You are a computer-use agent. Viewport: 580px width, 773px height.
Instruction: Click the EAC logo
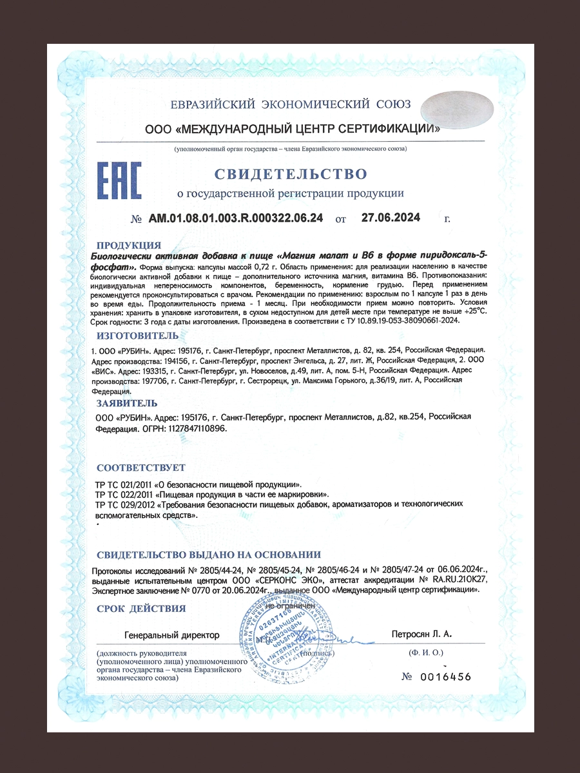pyautogui.click(x=119, y=180)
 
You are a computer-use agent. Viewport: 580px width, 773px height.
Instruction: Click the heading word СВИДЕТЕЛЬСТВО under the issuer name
pyautogui.click(x=290, y=174)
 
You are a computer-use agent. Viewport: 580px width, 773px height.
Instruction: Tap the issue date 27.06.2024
pyautogui.click(x=391, y=218)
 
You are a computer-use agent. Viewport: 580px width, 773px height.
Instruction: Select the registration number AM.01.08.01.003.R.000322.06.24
pyautogui.click(x=236, y=218)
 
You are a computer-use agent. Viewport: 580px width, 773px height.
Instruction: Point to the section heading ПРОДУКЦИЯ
pyautogui.click(x=128, y=245)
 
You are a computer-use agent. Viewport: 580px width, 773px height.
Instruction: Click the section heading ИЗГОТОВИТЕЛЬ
pyautogui.click(x=136, y=336)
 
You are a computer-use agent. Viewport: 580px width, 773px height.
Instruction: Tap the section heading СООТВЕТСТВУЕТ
pyautogui.click(x=140, y=467)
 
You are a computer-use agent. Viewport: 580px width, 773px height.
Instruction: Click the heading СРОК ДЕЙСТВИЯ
pyautogui.click(x=140, y=608)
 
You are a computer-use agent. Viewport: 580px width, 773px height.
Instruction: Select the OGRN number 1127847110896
pyautogui.click(x=196, y=428)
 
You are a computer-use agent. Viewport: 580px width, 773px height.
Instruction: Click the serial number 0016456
pyautogui.click(x=445, y=676)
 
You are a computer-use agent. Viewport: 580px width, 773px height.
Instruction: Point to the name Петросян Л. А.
pyautogui.click(x=422, y=635)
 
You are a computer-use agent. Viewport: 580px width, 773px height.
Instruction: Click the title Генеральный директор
pyautogui.click(x=172, y=635)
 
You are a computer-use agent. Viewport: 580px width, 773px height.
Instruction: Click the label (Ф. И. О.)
pyautogui.click(x=425, y=653)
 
